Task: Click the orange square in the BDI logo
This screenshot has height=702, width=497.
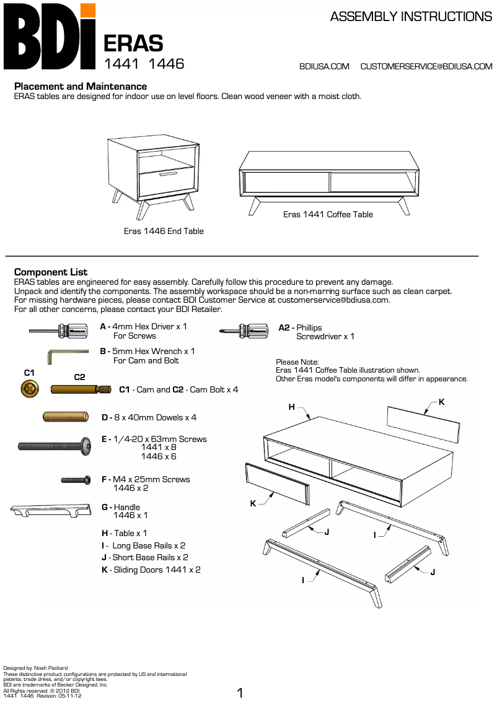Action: tap(88, 10)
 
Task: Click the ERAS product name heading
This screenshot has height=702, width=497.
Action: tap(133, 43)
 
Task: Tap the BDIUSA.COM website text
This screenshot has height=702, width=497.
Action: tap(324, 66)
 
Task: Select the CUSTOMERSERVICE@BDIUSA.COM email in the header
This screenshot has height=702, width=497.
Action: tap(426, 66)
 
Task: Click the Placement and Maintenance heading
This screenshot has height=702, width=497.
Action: tap(81, 87)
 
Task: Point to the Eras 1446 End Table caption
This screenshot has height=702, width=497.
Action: tap(164, 231)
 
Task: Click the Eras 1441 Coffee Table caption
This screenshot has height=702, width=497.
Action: tap(328, 214)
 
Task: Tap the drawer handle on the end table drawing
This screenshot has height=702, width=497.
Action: tap(168, 175)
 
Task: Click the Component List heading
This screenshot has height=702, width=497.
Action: tap(51, 272)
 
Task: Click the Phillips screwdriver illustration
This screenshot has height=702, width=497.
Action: tap(244, 331)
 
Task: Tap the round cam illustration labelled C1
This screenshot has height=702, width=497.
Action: tap(29, 389)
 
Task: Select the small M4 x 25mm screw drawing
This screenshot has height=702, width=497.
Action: tap(77, 480)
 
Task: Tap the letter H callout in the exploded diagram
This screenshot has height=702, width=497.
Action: tap(292, 407)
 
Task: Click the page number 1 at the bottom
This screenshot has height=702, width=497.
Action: tap(240, 693)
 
